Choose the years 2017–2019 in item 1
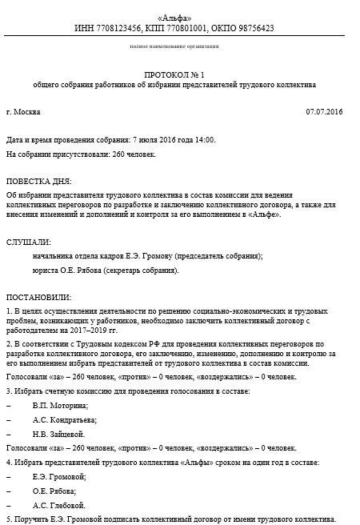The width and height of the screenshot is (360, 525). click(x=92, y=329)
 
